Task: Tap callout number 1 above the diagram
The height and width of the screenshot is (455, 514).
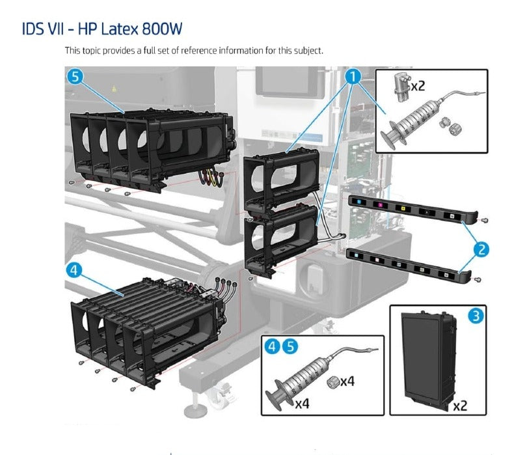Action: [x=353, y=77]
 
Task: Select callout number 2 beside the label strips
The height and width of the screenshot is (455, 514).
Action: [x=481, y=249]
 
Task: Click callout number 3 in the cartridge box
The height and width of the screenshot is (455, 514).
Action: [x=476, y=316]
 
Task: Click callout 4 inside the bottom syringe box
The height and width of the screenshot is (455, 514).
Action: [x=273, y=346]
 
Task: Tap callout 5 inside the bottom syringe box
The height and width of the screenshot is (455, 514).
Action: [x=290, y=346]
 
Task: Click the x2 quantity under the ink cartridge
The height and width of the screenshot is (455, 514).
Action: [x=459, y=405]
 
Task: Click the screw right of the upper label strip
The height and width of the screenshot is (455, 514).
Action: [x=483, y=221]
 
